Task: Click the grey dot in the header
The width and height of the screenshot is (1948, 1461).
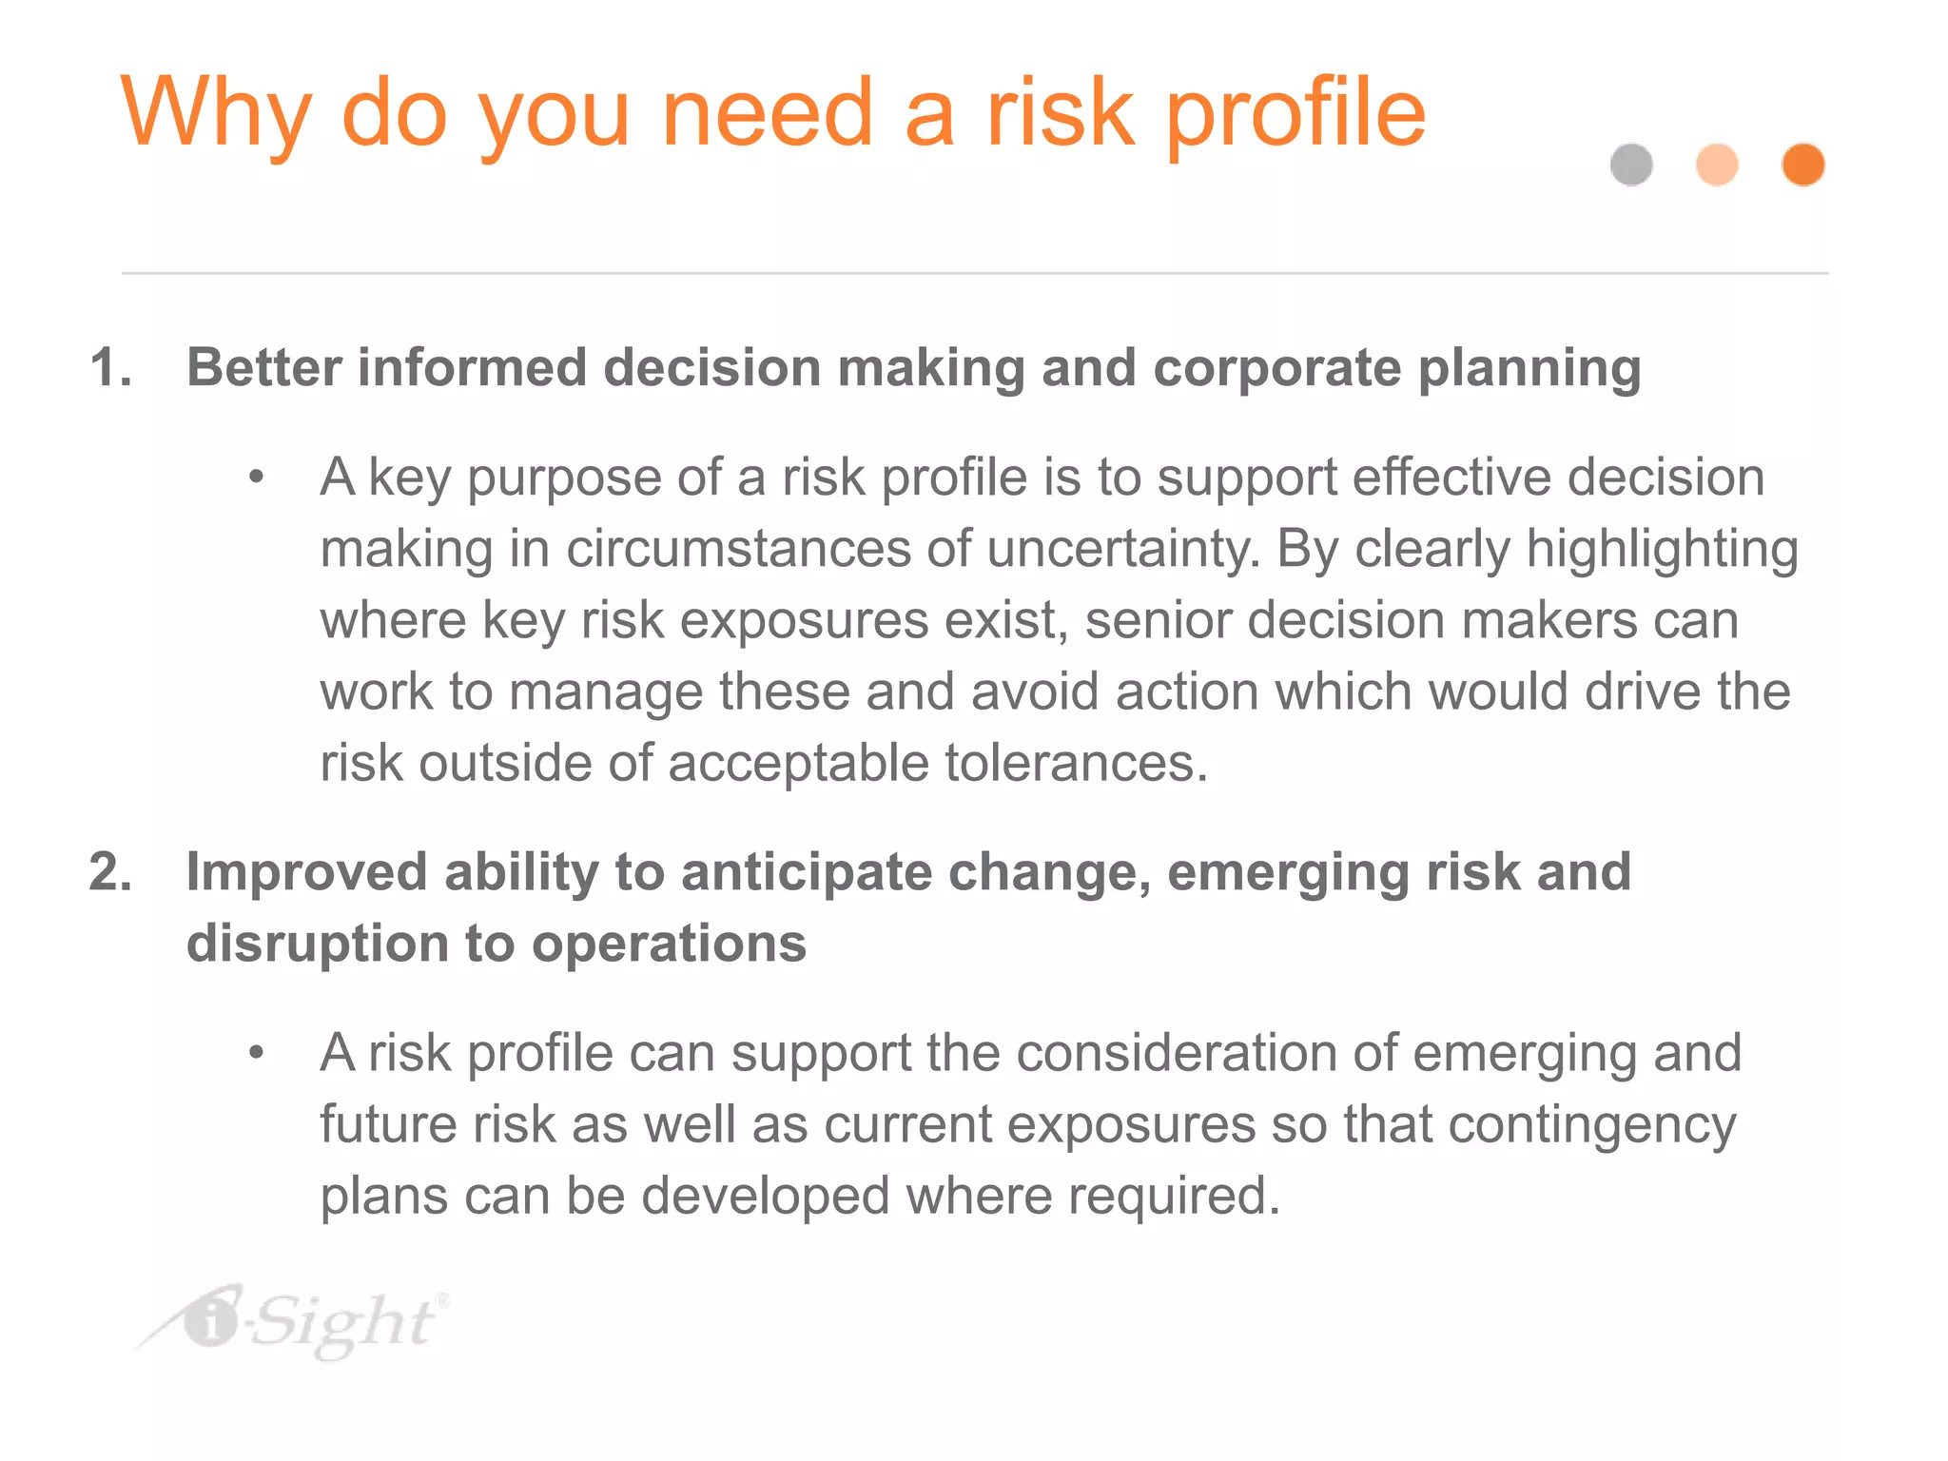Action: [x=1631, y=165]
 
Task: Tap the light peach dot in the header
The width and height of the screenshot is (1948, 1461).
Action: [x=1717, y=165]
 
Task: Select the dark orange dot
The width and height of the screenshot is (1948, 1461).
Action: [x=1802, y=165]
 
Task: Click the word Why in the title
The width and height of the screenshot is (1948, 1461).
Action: [x=216, y=114]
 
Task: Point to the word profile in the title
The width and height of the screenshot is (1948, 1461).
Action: [x=1295, y=114]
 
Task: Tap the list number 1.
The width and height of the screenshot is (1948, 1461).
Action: [x=110, y=368]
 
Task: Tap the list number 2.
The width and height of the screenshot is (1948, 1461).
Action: [x=110, y=872]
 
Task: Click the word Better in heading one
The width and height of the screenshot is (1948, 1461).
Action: [x=263, y=368]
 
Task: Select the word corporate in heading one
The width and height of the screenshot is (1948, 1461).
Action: [x=1276, y=368]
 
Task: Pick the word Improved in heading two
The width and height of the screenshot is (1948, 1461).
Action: [x=305, y=872]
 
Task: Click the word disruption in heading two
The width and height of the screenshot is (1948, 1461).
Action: [x=317, y=944]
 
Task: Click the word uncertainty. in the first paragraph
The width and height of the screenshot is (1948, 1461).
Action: [x=1123, y=549]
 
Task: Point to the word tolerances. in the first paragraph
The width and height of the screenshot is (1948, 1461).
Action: [x=1076, y=763]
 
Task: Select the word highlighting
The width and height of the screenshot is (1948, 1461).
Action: [x=1662, y=549]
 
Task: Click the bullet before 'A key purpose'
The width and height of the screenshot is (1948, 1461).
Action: [x=255, y=477]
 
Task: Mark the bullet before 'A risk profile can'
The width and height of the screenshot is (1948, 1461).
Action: [x=255, y=1053]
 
